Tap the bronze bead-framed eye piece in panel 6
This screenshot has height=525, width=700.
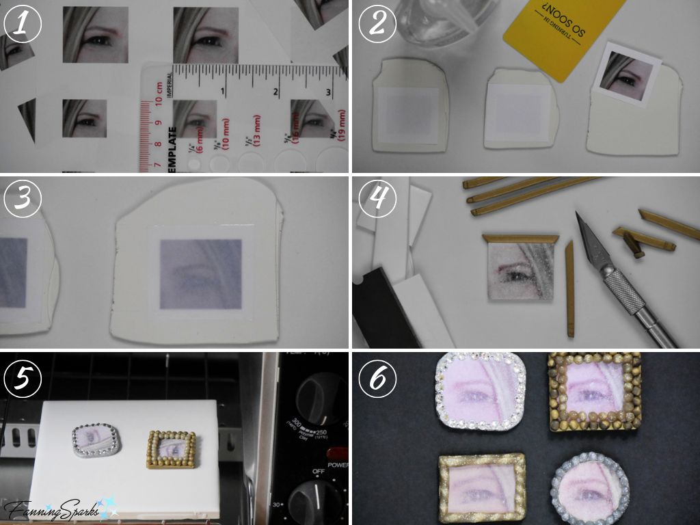coord(592,393)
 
